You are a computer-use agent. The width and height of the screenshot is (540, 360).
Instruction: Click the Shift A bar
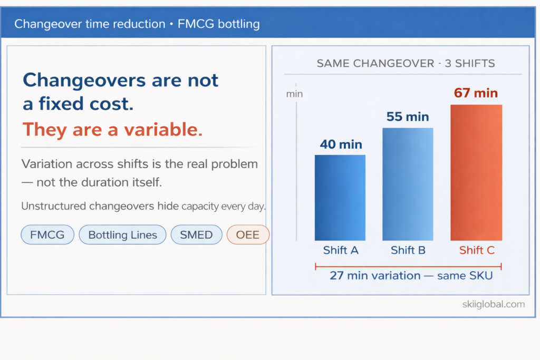[x=340, y=198]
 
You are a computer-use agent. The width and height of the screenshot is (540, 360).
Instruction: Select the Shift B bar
[x=408, y=184]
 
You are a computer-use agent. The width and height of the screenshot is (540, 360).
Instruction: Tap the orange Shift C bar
[x=476, y=173]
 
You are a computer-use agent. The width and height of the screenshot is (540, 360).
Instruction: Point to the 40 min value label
[x=341, y=144]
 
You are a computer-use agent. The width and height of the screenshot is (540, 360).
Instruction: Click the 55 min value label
[x=408, y=116]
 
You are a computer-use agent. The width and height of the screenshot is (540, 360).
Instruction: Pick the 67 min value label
[x=476, y=93]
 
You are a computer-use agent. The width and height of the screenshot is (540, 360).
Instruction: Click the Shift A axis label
[x=341, y=250]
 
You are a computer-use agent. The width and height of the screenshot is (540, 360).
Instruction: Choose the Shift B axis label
[x=408, y=250]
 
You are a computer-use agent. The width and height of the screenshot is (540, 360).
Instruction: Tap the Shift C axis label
[x=477, y=250]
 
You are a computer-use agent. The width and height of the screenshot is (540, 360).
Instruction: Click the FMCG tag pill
[x=47, y=235]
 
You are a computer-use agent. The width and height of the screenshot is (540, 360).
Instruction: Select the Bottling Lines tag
[x=122, y=235]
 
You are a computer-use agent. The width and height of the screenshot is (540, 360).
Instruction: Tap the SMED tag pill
[x=196, y=235]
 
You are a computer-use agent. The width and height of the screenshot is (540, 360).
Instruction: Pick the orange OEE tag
[x=248, y=235]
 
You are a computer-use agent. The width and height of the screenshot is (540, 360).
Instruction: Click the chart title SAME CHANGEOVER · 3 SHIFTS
[x=406, y=64]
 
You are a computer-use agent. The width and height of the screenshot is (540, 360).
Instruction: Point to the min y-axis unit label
[x=294, y=94]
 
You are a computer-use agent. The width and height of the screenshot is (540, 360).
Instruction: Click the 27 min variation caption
[x=411, y=275]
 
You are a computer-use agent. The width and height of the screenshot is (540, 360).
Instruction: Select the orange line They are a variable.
[x=112, y=130]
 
